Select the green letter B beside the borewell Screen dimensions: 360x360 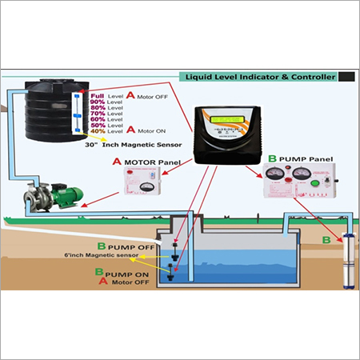coord(325,238)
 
